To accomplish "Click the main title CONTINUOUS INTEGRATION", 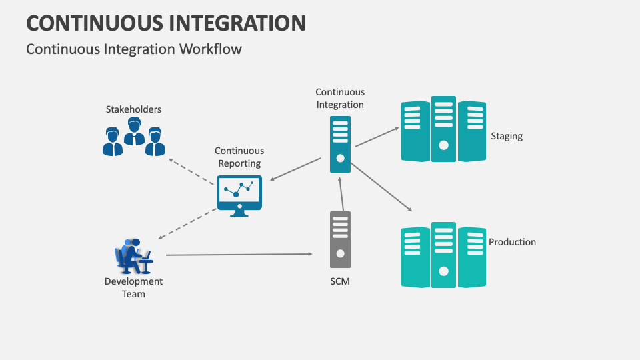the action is tap(166, 23).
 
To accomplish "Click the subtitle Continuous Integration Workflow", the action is tap(134, 49).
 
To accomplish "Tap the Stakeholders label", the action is tap(133, 109).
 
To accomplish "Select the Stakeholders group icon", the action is tap(134, 137).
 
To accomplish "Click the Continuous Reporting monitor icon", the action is tap(239, 196).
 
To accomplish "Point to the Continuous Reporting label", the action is tap(239, 157).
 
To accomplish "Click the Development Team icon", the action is tap(134, 256).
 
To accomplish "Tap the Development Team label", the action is tap(133, 287).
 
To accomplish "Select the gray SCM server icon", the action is tap(340, 239).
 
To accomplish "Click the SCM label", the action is tap(340, 281).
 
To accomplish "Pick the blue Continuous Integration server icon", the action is tap(340, 144).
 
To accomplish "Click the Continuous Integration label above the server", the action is tap(340, 99).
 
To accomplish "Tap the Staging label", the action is tap(507, 136).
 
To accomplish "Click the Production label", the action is tap(512, 242).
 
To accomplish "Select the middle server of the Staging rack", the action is tap(443, 129).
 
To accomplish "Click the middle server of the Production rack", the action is tap(443, 255).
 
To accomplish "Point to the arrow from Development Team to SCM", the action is tap(239, 254).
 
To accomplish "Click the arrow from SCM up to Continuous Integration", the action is tap(341, 193).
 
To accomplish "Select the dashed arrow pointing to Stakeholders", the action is tap(191, 172).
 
